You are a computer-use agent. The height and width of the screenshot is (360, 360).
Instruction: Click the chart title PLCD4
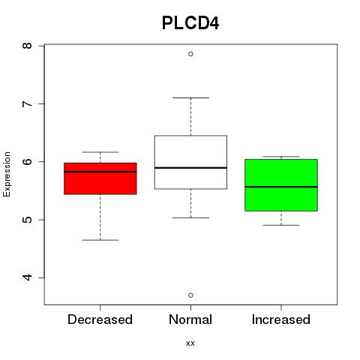(x=190, y=23)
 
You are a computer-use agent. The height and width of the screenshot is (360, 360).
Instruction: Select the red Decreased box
(x=100, y=178)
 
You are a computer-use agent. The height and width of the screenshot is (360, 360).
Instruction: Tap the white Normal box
(x=190, y=162)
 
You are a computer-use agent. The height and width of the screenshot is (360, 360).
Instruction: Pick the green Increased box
(x=281, y=185)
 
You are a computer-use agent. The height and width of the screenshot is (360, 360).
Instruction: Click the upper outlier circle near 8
(x=190, y=54)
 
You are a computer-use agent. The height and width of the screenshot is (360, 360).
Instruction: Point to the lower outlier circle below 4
(x=190, y=295)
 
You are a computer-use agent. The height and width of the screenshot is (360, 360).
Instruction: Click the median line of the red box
(x=100, y=172)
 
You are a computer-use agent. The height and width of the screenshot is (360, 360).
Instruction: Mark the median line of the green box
(x=281, y=187)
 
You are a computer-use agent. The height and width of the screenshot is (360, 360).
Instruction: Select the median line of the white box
(x=190, y=168)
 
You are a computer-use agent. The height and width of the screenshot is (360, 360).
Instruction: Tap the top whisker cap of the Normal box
(x=190, y=97)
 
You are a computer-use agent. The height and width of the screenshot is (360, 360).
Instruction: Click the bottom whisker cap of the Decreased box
(x=100, y=240)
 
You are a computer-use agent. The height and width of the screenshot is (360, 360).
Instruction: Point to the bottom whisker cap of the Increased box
(x=281, y=225)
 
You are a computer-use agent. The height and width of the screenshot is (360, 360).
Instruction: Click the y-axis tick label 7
(x=28, y=103)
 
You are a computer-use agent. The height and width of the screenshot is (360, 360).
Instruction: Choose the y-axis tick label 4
(x=28, y=277)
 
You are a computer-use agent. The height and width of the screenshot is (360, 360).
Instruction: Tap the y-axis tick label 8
(x=28, y=46)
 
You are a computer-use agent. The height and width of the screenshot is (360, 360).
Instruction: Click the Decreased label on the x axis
(x=100, y=319)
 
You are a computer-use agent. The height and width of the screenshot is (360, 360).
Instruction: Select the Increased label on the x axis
(x=281, y=319)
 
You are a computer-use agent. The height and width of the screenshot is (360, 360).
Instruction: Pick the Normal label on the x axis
(x=190, y=319)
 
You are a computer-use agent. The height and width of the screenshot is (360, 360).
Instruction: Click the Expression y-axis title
(x=7, y=174)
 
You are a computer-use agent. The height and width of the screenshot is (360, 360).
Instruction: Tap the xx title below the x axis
(x=190, y=343)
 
